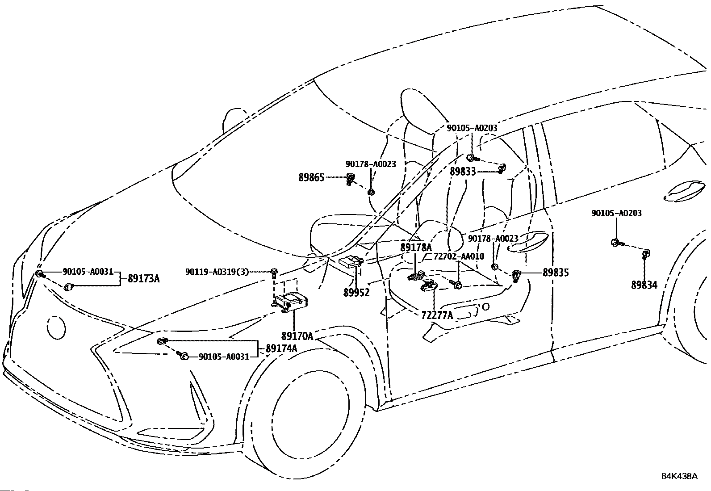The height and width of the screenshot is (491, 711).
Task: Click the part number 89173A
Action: click(144, 279)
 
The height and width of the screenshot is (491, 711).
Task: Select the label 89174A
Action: click(281, 348)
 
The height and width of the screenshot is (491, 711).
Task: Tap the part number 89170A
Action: click(297, 336)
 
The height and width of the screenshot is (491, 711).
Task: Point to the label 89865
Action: click(311, 177)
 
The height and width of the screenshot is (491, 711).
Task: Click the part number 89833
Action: click(463, 172)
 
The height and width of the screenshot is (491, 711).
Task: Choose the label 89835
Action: click(556, 273)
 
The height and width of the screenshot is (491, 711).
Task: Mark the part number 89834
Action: click(644, 285)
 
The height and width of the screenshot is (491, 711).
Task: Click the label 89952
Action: click(357, 292)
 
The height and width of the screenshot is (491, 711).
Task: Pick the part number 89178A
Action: click(416, 248)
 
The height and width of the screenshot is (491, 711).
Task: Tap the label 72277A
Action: click(437, 315)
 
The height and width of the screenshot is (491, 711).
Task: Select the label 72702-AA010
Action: click(459, 256)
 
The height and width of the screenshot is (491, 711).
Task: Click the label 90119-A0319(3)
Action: click(217, 272)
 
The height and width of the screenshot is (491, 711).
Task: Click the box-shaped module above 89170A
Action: click(290, 302)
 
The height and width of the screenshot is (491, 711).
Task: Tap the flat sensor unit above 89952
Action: click(351, 262)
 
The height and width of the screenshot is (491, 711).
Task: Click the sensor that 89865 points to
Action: click(351, 179)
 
